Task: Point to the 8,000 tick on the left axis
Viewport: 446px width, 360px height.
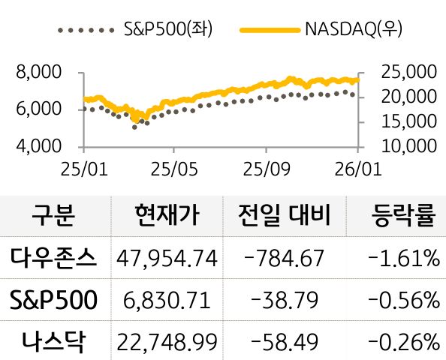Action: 38,73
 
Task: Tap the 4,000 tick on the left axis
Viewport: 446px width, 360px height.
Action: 38,145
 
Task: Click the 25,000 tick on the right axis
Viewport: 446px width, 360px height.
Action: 409,73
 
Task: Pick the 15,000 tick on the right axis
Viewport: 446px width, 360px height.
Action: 409,121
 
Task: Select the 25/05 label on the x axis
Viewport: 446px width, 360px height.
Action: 173,169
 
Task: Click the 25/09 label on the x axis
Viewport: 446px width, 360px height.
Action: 267,169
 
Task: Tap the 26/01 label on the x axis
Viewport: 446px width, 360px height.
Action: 357,169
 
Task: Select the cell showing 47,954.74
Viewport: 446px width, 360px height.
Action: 167,259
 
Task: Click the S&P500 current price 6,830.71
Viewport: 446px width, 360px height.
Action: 167,301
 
